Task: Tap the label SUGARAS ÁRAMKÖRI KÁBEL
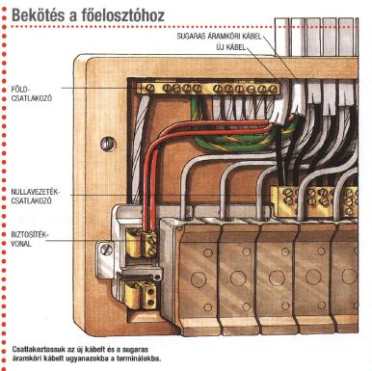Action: [220, 36]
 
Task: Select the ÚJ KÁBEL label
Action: [231, 47]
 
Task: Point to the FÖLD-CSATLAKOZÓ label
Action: [31, 93]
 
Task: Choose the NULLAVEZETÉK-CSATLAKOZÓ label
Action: [36, 197]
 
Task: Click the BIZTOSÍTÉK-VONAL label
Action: [28, 239]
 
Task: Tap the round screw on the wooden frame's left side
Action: [108, 144]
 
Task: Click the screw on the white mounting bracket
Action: [106, 250]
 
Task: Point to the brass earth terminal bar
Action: [208, 89]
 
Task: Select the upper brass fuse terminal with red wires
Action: [142, 243]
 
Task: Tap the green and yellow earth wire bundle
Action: [234, 135]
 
